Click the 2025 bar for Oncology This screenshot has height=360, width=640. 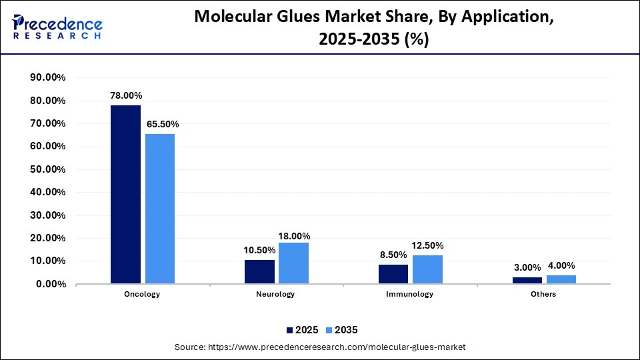tap(125, 195)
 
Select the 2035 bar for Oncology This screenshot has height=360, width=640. tap(160, 209)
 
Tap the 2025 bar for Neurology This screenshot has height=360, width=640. tap(259, 272)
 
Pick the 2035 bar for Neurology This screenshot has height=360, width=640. tap(293, 263)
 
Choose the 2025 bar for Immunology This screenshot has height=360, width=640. tap(393, 274)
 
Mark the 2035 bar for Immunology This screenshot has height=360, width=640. tap(427, 269)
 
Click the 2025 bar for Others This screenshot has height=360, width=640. tap(527, 281)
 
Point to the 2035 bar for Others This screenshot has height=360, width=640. tap(561, 279)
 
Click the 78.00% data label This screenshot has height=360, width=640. tap(125, 95)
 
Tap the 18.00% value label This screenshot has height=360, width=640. tap(294, 236)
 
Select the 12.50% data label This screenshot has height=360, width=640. tap(428, 245)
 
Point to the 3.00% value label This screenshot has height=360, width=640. tap(527, 267)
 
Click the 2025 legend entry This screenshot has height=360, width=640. tap(302, 330)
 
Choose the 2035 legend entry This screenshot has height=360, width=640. tap(342, 330)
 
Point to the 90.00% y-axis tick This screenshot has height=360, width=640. tap(48, 78)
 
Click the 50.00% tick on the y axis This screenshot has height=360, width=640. tap(48, 169)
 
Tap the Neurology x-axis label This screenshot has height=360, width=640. tap(276, 294)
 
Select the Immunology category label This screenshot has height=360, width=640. tap(410, 294)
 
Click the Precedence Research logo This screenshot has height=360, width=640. tap(57, 27)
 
